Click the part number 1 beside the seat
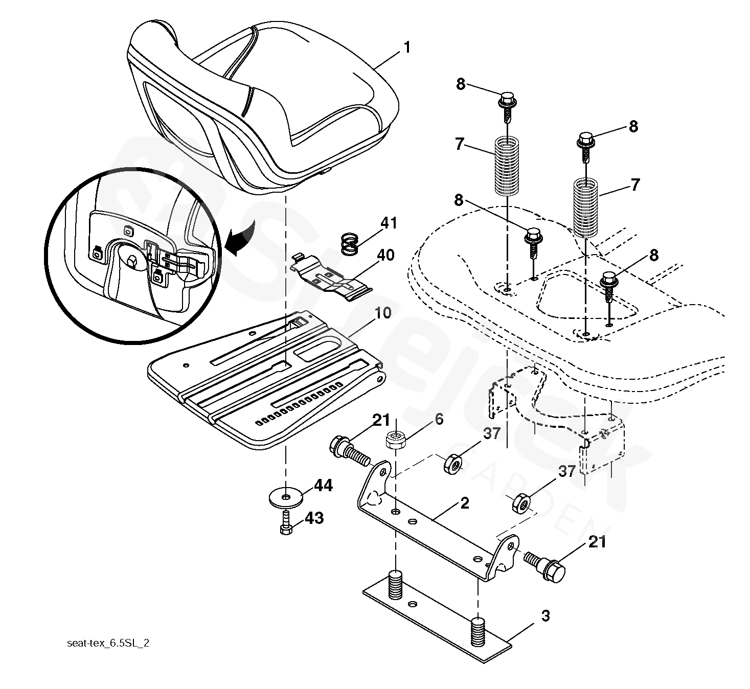coord(407,48)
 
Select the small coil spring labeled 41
coord(349,243)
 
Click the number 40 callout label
coord(385,254)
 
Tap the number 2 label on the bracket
coord(464,503)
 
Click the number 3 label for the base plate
coord(546,615)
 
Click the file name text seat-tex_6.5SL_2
coord(108,644)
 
